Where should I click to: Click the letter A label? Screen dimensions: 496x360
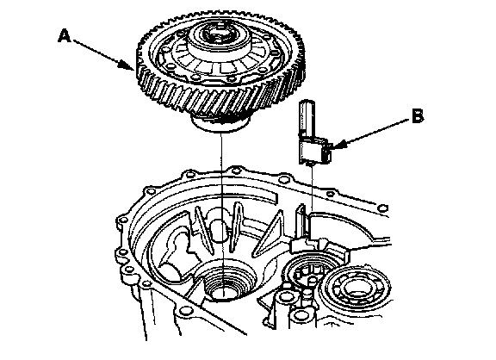tap(65, 36)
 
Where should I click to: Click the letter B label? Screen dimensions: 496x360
tap(418, 116)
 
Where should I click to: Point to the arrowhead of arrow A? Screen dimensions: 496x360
tap(128, 65)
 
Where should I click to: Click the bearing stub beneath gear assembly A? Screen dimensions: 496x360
tap(220, 124)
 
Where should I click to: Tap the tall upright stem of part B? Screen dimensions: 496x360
tap(307, 118)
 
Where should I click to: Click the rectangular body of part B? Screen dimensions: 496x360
tap(312, 150)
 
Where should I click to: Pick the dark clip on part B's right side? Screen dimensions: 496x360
tap(326, 152)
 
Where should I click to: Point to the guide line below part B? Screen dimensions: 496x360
tap(313, 187)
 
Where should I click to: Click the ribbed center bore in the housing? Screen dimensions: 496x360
tap(224, 282)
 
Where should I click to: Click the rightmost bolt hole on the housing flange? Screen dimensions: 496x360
tap(382, 208)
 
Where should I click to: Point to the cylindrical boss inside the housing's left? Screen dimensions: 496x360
tap(172, 269)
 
